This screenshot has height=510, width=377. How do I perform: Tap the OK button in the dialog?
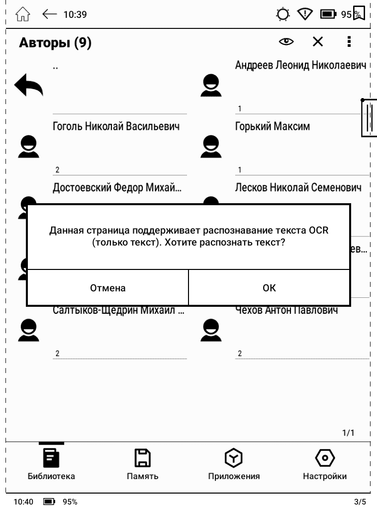coord(269,288)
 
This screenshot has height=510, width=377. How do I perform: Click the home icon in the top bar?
coord(23,14)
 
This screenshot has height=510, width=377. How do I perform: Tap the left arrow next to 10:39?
coord(50,14)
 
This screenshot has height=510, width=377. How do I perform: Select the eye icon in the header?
coord(286,42)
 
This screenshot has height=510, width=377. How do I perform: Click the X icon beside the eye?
coord(317,42)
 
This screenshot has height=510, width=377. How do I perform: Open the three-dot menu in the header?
coord(349,42)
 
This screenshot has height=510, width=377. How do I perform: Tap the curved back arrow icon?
coord(29,85)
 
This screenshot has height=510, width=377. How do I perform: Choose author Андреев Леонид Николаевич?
coord(300,65)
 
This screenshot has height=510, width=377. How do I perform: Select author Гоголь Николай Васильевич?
coord(116,127)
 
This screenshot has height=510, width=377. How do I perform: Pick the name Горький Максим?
coord(273,127)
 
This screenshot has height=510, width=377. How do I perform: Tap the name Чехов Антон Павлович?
coord(286,311)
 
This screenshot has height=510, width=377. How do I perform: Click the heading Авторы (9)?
coord(55,43)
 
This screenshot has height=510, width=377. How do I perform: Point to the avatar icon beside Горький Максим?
coord(211,146)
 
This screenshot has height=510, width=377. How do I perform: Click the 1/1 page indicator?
coord(348,433)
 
